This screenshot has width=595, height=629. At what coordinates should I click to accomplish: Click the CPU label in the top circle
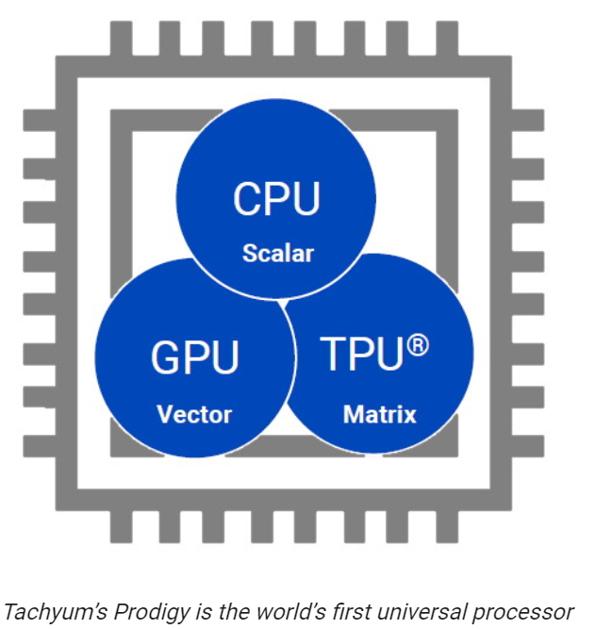point(276,198)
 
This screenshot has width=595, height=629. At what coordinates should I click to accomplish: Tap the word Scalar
point(278,254)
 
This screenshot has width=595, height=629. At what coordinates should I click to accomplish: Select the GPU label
point(194,357)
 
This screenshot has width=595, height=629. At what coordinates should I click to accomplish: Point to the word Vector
point(194,414)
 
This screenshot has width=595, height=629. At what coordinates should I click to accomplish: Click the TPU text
point(361,354)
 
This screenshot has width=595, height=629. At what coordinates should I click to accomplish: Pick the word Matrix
point(380,414)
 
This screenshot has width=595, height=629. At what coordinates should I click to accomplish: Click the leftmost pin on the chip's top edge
point(121,39)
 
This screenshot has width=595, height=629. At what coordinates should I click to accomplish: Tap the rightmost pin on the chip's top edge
point(447,39)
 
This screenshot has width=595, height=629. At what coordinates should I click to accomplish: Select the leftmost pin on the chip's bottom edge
point(121,527)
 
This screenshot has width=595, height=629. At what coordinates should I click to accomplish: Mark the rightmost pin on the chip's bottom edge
point(447,527)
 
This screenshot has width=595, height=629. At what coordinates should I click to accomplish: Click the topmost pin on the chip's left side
point(40,120)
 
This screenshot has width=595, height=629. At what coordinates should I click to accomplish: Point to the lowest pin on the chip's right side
point(528,446)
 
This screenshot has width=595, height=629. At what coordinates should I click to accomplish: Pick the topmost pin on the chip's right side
point(528,120)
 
